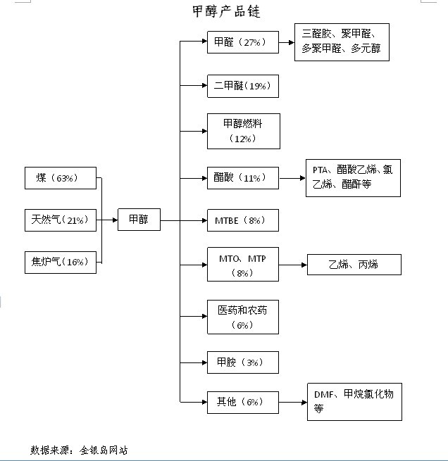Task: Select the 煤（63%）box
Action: (60, 178)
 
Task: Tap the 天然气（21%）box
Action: (60, 220)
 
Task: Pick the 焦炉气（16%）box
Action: (60, 263)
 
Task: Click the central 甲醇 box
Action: (139, 220)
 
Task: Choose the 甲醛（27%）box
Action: (243, 42)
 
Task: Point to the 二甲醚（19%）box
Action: (243, 86)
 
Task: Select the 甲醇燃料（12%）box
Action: (243, 130)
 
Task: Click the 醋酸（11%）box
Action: (243, 178)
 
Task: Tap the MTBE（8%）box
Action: (243, 220)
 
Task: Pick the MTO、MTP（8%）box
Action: (243, 265)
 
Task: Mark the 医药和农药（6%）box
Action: (243, 317)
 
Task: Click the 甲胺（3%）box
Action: (243, 362)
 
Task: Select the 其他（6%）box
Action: (243, 402)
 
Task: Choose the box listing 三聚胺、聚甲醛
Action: (342, 42)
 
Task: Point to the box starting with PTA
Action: (353, 177)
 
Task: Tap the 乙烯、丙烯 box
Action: (354, 265)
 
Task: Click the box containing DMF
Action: (354, 401)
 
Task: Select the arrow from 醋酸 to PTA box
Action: (292, 178)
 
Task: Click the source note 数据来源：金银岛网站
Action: (79, 449)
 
